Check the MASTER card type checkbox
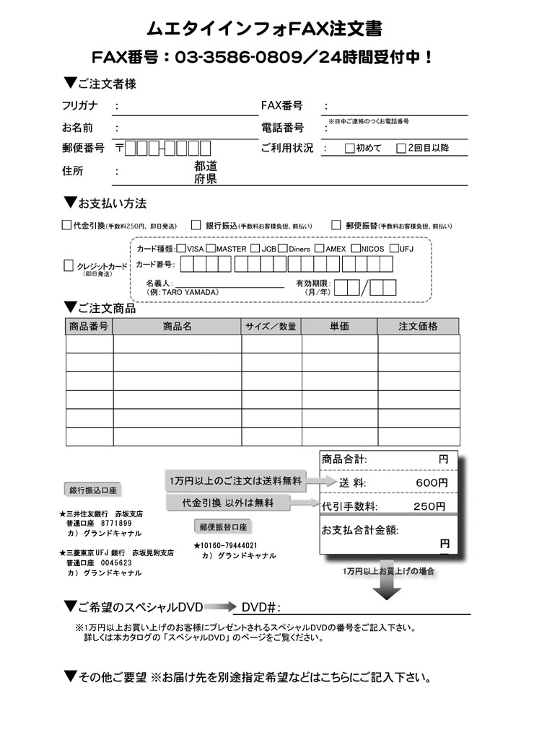click(210, 249)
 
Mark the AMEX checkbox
click(319, 249)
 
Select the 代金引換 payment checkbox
click(66, 225)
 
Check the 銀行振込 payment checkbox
click(196, 225)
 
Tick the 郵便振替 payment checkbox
click(336, 225)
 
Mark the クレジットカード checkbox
click(69, 265)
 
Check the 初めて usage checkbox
click(349, 149)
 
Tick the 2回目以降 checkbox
click(401, 149)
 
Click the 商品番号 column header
click(89, 327)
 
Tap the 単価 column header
click(339, 327)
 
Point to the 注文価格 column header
click(418, 327)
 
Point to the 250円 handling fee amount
click(430, 506)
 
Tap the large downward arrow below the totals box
click(388, 587)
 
